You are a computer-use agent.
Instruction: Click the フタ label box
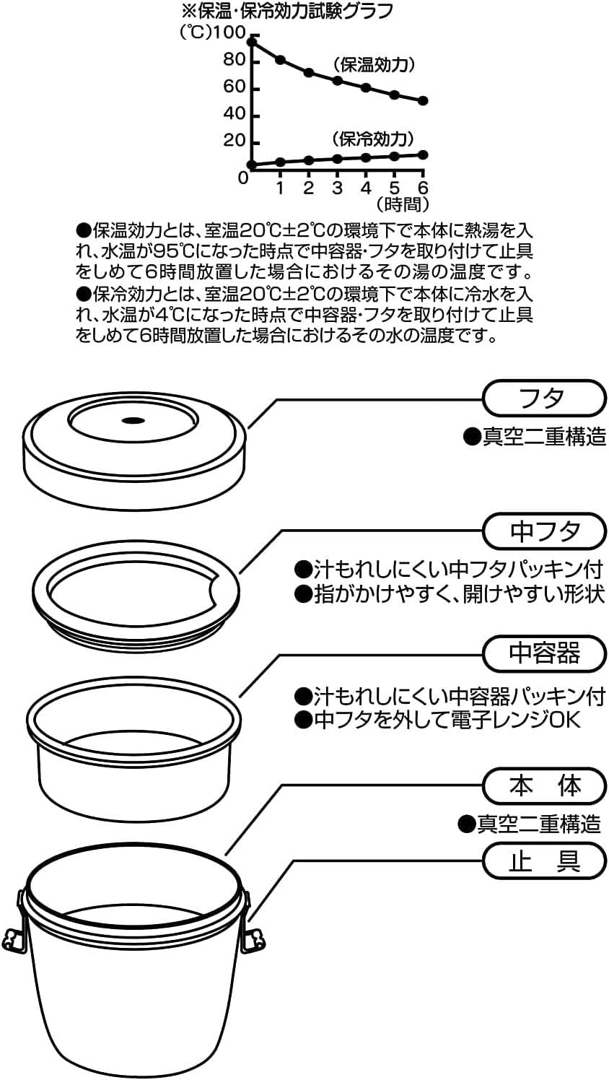click(x=543, y=399)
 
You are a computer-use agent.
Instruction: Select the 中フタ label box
click(x=543, y=531)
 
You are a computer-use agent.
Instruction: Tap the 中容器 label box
click(x=543, y=653)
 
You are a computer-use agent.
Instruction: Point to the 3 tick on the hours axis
click(x=337, y=188)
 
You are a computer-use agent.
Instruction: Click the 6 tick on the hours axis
click(x=423, y=188)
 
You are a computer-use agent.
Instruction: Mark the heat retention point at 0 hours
click(x=251, y=42)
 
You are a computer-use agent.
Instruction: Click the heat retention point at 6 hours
click(x=423, y=101)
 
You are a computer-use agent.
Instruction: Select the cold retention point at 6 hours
click(x=423, y=154)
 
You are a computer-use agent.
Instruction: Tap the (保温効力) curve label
click(x=373, y=64)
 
